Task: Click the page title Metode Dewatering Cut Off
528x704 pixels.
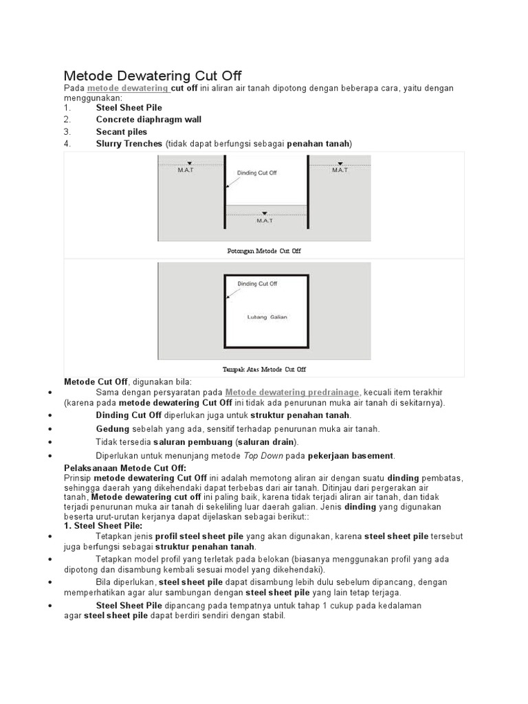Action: pyautogui.click(x=153, y=76)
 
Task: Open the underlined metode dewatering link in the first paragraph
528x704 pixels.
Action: pyautogui.click(x=128, y=89)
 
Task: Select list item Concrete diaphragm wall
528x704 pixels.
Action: pyautogui.click(x=148, y=120)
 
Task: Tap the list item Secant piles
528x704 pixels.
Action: pyautogui.click(x=122, y=131)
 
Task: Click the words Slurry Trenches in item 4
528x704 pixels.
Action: pyautogui.click(x=129, y=144)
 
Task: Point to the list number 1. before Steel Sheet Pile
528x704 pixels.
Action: pyautogui.click(x=67, y=108)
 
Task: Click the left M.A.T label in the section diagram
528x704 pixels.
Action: pyautogui.click(x=186, y=170)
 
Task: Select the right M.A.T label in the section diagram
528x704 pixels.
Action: pyautogui.click(x=340, y=170)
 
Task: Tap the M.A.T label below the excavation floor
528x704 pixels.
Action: pyautogui.click(x=265, y=220)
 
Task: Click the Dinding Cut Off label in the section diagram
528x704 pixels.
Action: pyautogui.click(x=256, y=173)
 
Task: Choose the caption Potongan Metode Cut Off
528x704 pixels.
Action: pyautogui.click(x=264, y=252)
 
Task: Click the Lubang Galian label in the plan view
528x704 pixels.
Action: pyautogui.click(x=267, y=317)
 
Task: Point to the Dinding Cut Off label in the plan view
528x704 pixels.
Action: pyautogui.click(x=257, y=283)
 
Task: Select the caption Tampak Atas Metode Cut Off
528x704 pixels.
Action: pyautogui.click(x=264, y=369)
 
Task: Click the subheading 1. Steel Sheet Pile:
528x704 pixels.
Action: pyautogui.click(x=103, y=525)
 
